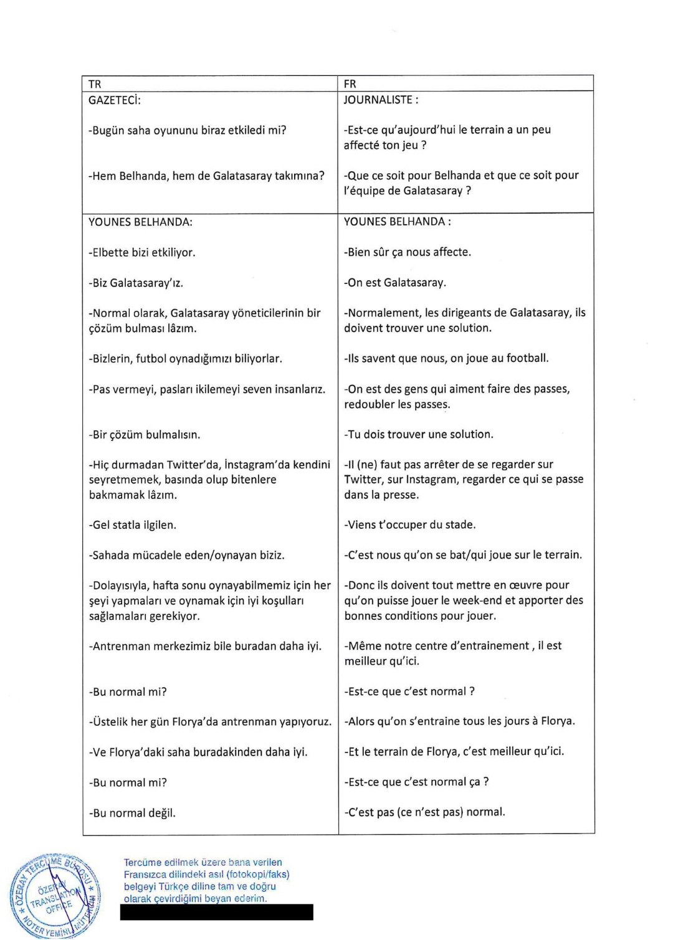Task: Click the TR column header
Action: click(95, 84)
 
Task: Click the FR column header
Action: click(350, 84)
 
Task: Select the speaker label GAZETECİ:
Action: click(115, 100)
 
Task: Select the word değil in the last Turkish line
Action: click(161, 813)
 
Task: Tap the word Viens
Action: click(361, 525)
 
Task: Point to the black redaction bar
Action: click(216, 912)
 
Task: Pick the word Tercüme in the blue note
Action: click(143, 863)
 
